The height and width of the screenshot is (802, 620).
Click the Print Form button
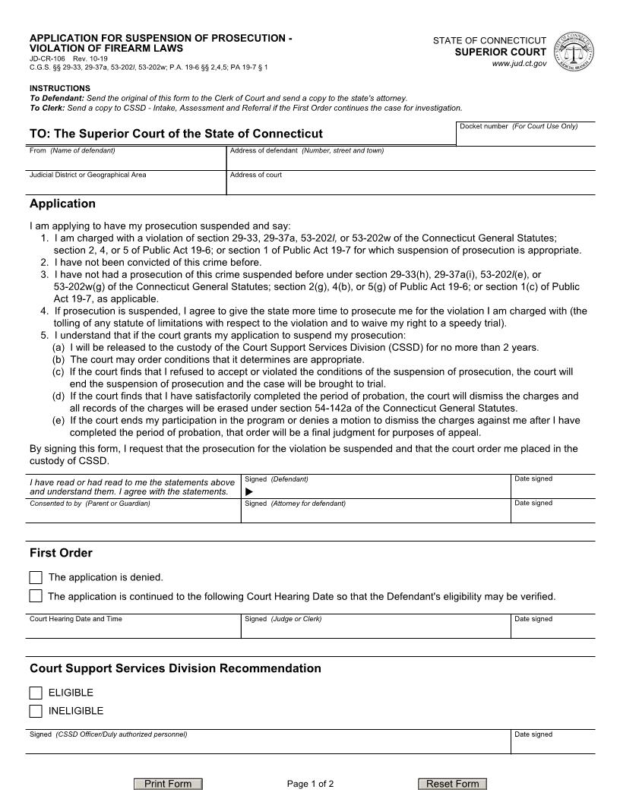168,784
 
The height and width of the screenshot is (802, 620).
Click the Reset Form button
452,784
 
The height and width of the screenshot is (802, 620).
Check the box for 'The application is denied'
36,577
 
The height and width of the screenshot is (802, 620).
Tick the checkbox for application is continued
36,596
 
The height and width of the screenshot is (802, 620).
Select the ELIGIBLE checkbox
36,693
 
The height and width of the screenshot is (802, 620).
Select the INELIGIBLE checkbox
36,711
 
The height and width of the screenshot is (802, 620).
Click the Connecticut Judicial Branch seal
574,52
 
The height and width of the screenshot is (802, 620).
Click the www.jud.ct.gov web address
519,64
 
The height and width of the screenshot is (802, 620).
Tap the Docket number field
525,137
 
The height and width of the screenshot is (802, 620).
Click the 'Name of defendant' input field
125,162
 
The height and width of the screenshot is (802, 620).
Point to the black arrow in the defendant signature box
249,491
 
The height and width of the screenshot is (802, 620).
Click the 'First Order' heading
61,553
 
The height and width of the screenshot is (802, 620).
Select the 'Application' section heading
62,204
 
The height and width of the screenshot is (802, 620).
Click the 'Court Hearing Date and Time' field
133,630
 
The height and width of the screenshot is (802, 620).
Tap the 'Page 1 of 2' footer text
310,784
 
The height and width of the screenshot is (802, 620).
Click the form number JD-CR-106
47,58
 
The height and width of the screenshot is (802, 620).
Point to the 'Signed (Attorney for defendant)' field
375,513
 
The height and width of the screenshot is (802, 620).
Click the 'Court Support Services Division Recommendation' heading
175,668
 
